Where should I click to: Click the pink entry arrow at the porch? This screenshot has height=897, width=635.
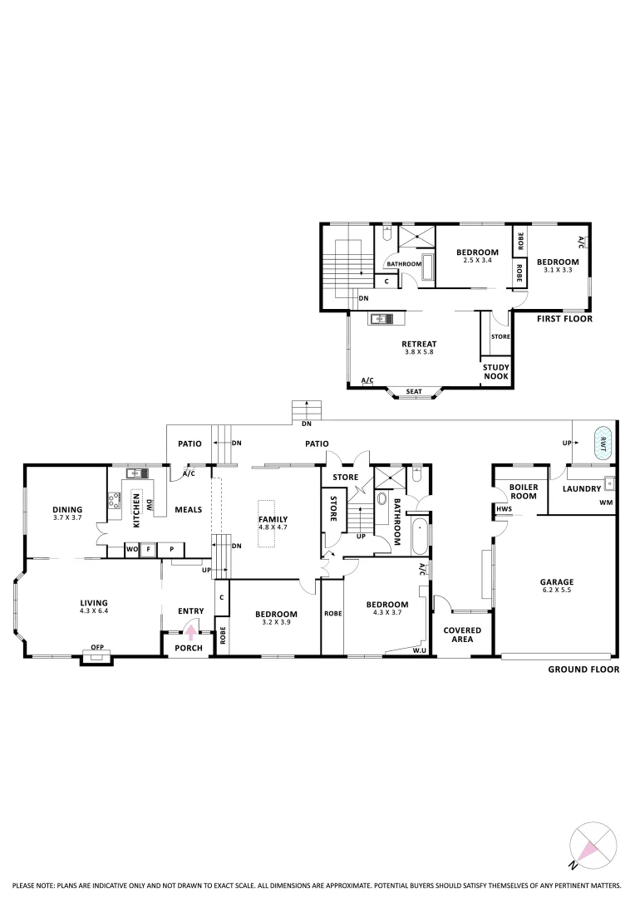coord(190,630)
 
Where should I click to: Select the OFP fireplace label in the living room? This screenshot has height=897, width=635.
coord(97,649)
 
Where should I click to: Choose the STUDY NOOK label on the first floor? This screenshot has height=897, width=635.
coord(496,370)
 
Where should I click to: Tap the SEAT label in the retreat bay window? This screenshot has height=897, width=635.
coord(413,391)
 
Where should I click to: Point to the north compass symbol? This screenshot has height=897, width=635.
coord(595,844)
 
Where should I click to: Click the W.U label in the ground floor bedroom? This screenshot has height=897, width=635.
coord(420,650)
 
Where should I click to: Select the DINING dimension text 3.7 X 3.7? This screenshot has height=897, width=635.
coord(67,517)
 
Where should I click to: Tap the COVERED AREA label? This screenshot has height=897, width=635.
coord(461,635)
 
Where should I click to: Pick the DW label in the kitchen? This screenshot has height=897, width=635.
coord(149,504)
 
